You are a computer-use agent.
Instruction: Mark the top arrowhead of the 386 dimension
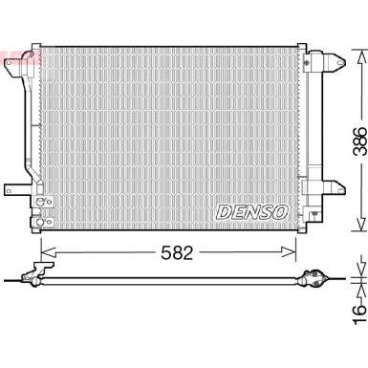pyautogui.click(x=357, y=49)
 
